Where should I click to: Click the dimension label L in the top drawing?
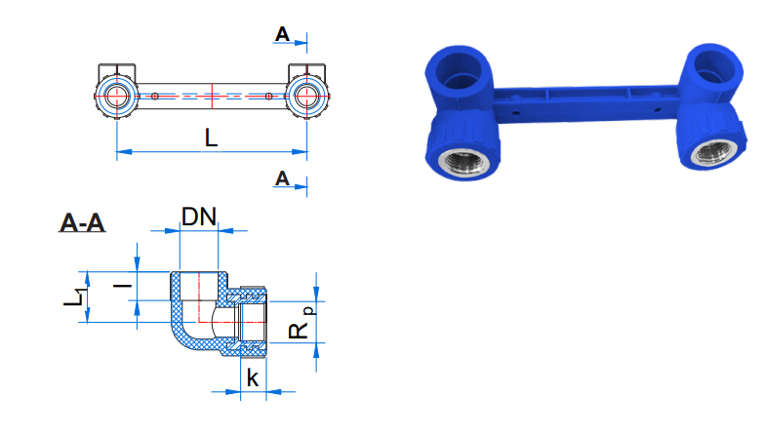click(211, 138)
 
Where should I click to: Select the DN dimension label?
click(198, 217)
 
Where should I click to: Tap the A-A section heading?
click(82, 222)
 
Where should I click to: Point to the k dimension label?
click(253, 377)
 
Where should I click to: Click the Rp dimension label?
click(301, 322)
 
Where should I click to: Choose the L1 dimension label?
click(75, 297)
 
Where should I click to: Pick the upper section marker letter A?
click(282, 34)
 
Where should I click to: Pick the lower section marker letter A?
click(282, 178)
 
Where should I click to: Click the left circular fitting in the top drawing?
click(117, 96)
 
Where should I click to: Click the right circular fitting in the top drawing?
click(307, 96)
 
